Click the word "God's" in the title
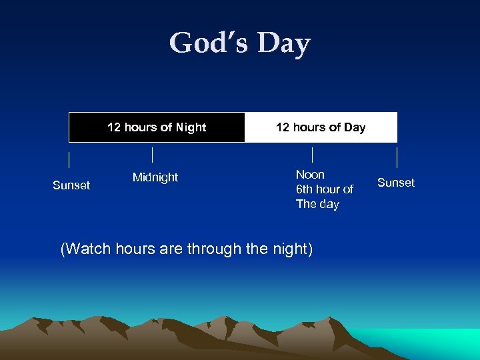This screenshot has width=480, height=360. click(209, 43)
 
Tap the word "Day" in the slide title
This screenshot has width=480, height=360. click(284, 43)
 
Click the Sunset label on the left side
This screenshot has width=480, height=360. click(71, 185)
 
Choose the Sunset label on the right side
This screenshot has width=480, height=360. click(396, 183)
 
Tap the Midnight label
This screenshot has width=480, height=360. click(155, 177)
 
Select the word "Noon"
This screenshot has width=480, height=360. click(310, 175)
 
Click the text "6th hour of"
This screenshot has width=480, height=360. click(325, 189)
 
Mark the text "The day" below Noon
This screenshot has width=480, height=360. click(317, 204)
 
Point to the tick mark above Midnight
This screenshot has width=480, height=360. click(153, 155)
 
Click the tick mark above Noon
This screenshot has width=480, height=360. click(313, 155)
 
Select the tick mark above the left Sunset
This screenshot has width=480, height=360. click(69, 160)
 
